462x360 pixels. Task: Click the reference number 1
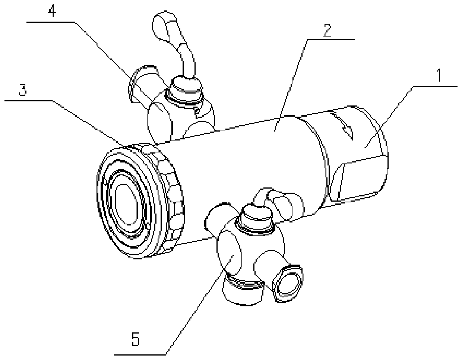pyautogui.click(x=439, y=76)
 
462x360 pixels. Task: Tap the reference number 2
pyautogui.click(x=327, y=31)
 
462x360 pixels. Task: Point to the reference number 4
pyautogui.click(x=52, y=13)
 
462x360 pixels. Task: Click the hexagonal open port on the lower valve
pyautogui.click(x=288, y=280)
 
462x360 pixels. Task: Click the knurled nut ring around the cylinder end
pyautogui.click(x=170, y=194)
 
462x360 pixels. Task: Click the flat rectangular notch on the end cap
pyautogui.click(x=358, y=179)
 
